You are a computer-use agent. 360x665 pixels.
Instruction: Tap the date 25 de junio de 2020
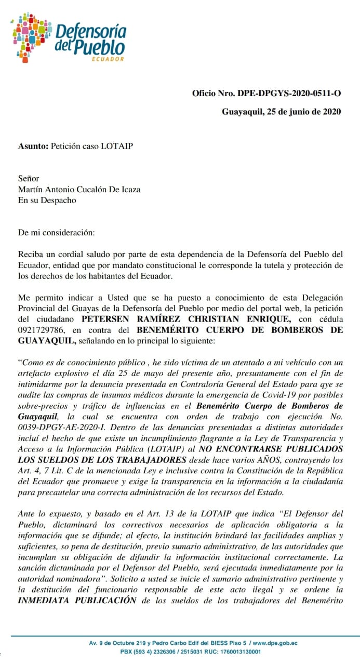[302, 111]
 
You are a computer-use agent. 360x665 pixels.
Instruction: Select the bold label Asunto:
[33, 146]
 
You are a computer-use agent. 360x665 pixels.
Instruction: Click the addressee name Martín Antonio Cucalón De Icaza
[79, 189]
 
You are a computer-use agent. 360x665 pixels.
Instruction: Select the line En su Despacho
[47, 200]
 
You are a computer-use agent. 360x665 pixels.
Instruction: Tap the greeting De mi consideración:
[57, 232]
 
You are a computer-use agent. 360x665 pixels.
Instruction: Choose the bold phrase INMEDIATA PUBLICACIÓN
[77, 600]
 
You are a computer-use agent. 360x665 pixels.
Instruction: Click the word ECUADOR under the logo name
[108, 59]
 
